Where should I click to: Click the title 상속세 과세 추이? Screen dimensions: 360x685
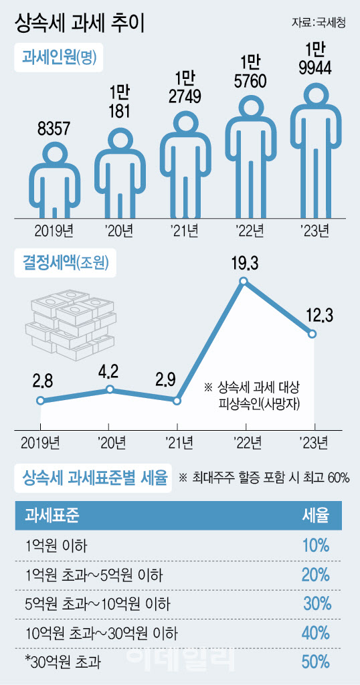pos(80,23)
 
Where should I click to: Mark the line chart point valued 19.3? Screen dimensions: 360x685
pos(244,281)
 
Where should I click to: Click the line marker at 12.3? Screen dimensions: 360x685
pos(312,334)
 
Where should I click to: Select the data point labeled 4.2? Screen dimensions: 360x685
pos(110,389)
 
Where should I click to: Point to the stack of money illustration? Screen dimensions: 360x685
pos(70,322)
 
